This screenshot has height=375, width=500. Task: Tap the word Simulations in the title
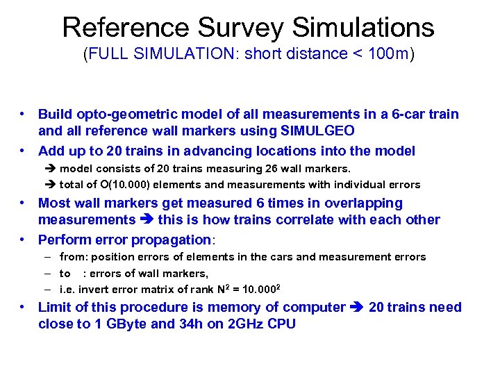363,28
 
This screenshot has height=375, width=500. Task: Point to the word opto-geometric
117,114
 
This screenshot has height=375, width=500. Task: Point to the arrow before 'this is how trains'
147,219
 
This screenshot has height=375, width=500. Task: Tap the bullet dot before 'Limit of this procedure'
24,307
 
